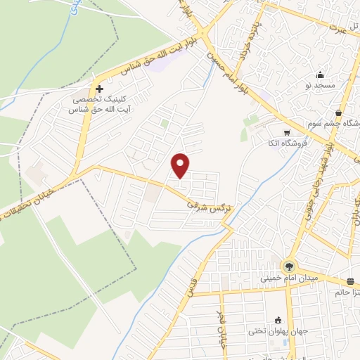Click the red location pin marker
tap(181, 165)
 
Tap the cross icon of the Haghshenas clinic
tap(100, 89)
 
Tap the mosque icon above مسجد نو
tap(321, 75)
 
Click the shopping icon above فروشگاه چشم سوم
tap(339, 112)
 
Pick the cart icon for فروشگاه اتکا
tap(286, 132)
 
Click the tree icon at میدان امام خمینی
tap(288, 266)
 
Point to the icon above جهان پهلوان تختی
tap(278, 320)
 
